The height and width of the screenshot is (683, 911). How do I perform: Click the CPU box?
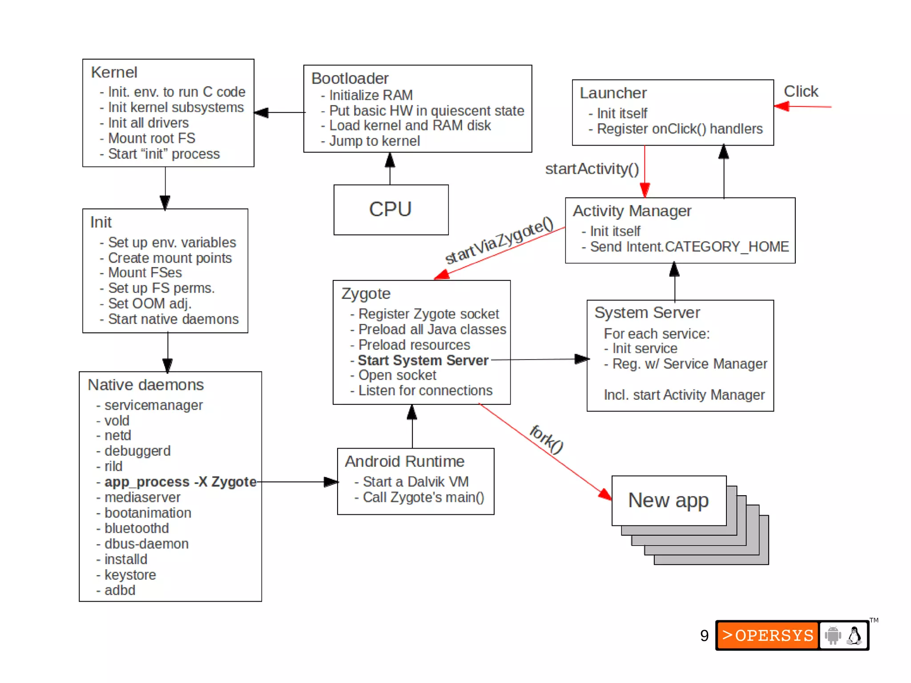click(x=391, y=210)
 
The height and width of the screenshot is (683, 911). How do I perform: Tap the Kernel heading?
click(x=114, y=73)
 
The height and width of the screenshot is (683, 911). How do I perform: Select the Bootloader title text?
click(x=350, y=78)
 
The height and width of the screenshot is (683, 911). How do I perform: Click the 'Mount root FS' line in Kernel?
click(x=151, y=138)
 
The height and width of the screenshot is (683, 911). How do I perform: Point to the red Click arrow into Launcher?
click(x=802, y=106)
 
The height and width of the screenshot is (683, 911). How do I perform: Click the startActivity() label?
click(x=592, y=169)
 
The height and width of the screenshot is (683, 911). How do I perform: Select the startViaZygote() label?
click(x=499, y=241)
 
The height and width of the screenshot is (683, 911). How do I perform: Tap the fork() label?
click(x=547, y=439)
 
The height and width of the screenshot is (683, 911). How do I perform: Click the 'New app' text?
click(x=668, y=500)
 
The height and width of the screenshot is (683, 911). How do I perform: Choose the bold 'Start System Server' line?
click(x=423, y=360)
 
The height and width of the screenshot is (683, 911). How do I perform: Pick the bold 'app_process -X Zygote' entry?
click(x=180, y=482)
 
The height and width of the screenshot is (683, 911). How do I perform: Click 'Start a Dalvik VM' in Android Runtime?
click(x=415, y=482)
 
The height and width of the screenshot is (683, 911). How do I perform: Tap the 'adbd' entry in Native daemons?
click(x=120, y=590)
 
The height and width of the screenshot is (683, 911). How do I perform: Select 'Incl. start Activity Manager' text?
click(x=684, y=395)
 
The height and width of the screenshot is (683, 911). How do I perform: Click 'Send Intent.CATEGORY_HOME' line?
click(x=689, y=247)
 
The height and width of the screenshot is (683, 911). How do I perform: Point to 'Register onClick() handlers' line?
click(x=679, y=129)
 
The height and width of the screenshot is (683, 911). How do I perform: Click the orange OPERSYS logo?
click(x=767, y=635)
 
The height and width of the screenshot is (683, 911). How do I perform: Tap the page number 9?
click(x=704, y=636)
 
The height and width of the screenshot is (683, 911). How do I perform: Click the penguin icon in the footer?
click(x=854, y=635)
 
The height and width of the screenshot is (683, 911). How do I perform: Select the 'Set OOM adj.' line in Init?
click(x=149, y=304)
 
